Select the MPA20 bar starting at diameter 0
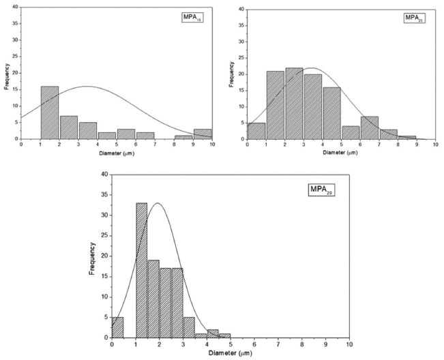click(118, 329)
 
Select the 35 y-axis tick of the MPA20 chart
click(104, 194)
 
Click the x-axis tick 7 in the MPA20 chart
click(278, 344)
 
